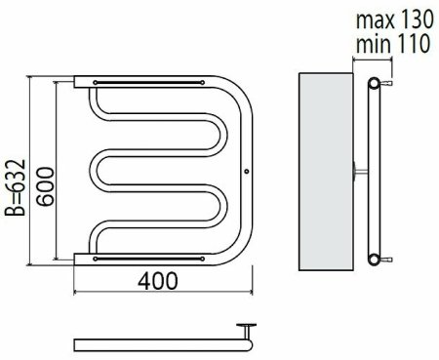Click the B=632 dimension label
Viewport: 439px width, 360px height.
15,187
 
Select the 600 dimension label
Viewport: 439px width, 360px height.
45,186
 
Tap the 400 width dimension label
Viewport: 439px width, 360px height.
158,281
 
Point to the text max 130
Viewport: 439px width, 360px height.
395,20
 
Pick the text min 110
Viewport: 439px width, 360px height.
393,44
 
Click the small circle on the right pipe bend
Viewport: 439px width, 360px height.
247,171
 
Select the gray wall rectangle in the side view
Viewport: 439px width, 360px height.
326,172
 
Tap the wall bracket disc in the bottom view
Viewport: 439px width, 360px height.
246,325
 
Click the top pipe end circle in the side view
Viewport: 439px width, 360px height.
374,83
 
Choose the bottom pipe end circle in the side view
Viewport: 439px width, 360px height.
374,260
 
